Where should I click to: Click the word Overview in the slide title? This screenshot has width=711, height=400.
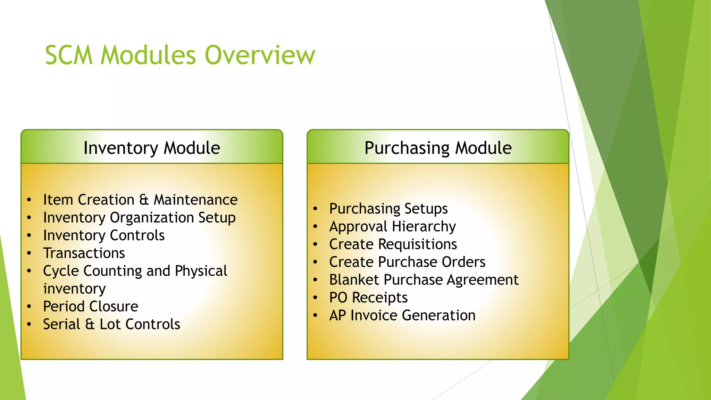(x=260, y=55)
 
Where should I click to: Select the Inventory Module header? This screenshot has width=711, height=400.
(x=152, y=148)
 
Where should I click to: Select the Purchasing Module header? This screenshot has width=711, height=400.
(x=438, y=148)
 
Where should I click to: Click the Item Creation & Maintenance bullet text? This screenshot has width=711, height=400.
(x=140, y=200)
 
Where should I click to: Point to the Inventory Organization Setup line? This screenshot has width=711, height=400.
(x=139, y=218)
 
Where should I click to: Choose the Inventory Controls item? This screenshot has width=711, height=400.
(x=103, y=235)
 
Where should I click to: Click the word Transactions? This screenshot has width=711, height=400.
(x=84, y=253)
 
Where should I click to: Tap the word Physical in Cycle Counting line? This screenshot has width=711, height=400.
(x=201, y=271)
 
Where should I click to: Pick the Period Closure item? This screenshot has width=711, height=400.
(x=90, y=307)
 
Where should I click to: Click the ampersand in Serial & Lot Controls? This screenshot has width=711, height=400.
(x=90, y=324)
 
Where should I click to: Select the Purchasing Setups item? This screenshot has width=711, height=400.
(x=388, y=209)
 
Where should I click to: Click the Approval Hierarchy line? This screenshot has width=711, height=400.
(x=392, y=226)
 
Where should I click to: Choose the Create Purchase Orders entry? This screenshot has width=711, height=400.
(x=407, y=262)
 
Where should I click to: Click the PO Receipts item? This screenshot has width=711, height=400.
(x=368, y=298)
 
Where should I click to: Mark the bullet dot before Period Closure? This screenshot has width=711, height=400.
(x=30, y=307)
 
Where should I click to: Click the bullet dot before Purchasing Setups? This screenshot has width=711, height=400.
(x=315, y=209)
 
